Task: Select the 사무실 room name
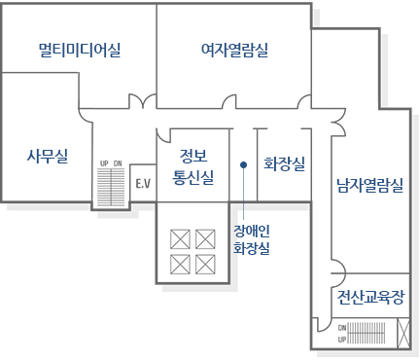(x=47, y=155)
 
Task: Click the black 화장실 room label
(x=284, y=163)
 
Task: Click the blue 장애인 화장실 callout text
(x=251, y=239)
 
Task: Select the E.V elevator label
(x=144, y=183)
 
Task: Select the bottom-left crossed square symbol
(x=180, y=264)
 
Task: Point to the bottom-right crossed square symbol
(x=205, y=264)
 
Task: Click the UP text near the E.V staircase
(x=104, y=163)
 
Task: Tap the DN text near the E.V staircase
(x=118, y=163)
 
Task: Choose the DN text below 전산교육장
(x=341, y=328)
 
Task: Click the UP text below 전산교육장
(x=341, y=340)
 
